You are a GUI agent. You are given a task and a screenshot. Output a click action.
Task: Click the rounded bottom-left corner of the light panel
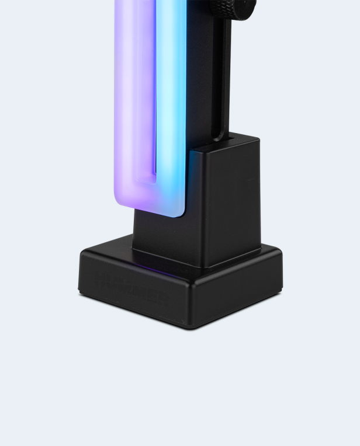click(x=120, y=201)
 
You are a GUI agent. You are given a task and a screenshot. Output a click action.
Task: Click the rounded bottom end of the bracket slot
click(x=220, y=139)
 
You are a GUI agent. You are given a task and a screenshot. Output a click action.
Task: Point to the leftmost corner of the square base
click(x=81, y=257)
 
